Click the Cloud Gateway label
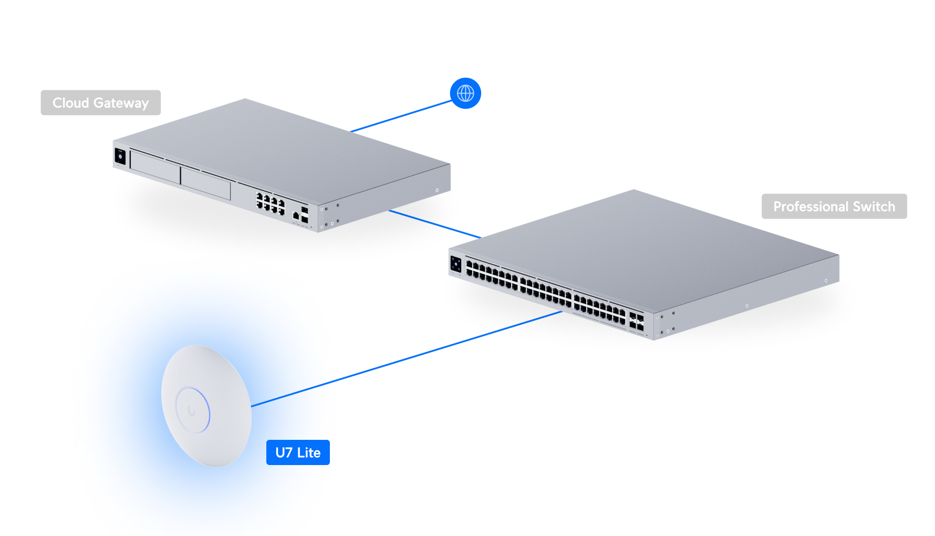(100, 102)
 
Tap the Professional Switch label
(834, 207)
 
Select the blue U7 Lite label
(298, 452)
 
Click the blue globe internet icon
(465, 94)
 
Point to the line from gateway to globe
(402, 116)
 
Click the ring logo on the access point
(192, 410)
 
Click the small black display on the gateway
(120, 156)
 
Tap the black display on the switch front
(455, 264)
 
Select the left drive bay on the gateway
(155, 167)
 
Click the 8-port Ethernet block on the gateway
(270, 203)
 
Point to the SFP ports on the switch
(636, 322)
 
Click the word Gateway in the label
(121, 103)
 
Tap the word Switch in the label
(874, 207)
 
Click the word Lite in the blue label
(309, 452)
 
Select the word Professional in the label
(811, 207)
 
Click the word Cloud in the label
(70, 102)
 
